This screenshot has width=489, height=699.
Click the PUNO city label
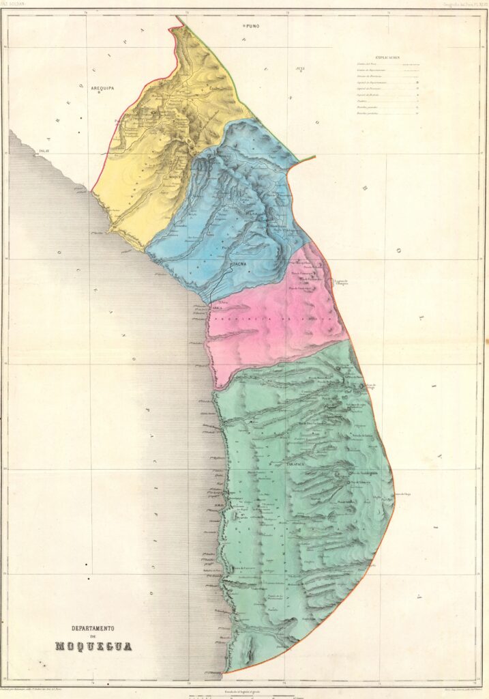click(x=254, y=25)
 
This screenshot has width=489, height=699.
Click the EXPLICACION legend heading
click(x=387, y=58)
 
